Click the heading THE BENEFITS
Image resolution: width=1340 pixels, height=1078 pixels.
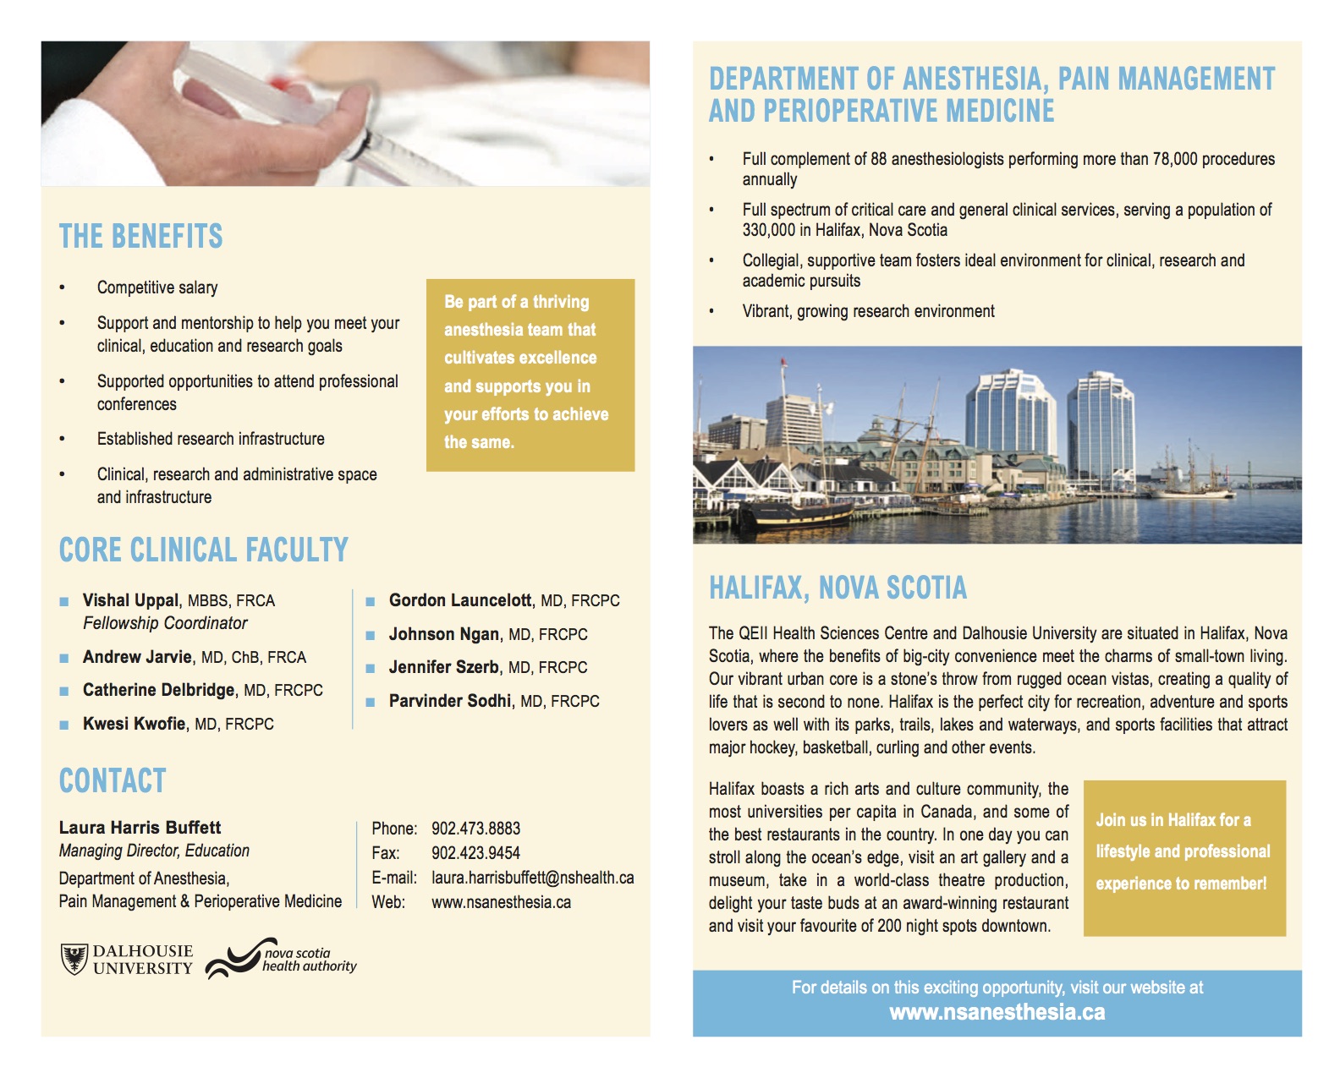pos(140,237)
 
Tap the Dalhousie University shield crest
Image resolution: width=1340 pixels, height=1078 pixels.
pos(74,960)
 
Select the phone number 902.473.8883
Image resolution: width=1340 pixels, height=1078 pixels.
pos(475,829)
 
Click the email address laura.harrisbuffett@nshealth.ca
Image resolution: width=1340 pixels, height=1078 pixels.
pos(532,878)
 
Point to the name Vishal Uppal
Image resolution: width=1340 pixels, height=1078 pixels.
pos(130,600)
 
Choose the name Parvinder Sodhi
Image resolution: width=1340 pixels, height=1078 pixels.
pos(449,701)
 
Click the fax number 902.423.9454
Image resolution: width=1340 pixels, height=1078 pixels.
pos(475,853)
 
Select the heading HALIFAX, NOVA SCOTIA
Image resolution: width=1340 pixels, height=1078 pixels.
pos(837,588)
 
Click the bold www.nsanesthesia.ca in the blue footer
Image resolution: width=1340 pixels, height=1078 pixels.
pos(997,1013)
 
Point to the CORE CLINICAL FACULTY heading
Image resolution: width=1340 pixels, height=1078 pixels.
pos(203,550)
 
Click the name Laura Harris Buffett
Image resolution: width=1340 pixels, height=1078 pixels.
pos(140,828)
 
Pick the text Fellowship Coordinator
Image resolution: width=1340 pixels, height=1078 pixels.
pos(165,623)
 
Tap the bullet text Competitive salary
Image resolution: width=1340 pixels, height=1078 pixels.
pos(157,287)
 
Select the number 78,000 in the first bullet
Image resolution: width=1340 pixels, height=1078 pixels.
pos(1175,159)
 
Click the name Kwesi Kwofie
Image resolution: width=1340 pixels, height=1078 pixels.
pos(134,724)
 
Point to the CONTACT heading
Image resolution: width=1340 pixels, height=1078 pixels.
pos(113,781)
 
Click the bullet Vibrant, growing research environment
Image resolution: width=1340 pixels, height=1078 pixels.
pos(868,311)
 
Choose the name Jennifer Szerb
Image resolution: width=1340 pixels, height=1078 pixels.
pos(443,667)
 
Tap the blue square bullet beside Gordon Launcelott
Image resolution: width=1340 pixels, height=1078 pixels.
pos(371,602)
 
